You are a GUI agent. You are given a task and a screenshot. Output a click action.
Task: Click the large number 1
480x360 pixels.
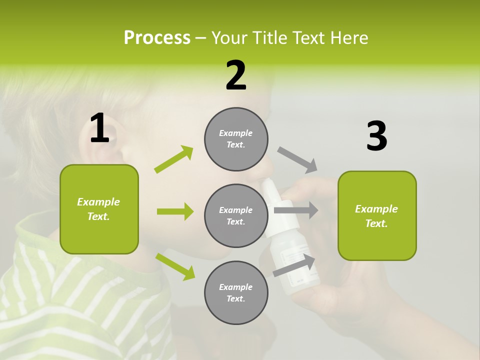(99, 128)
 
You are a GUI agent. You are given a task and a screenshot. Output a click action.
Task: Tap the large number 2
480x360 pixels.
(236, 75)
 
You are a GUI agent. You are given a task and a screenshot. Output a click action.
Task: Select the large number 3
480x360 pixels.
(376, 136)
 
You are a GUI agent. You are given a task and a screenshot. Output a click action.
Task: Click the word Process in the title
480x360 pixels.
(157, 37)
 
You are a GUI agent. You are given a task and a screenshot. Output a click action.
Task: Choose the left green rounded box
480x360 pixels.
(99, 209)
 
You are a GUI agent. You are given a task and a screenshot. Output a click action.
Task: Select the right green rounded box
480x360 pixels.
(377, 216)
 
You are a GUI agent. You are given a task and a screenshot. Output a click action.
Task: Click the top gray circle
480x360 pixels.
(236, 139)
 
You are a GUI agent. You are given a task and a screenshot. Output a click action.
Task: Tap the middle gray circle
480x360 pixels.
(236, 215)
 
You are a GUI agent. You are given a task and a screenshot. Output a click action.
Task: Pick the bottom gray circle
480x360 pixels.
(236, 292)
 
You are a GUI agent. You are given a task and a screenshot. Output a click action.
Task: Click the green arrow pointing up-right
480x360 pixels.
(174, 159)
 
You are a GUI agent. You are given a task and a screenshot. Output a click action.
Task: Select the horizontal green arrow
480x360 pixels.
(175, 211)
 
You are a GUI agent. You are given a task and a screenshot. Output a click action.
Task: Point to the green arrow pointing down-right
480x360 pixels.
(175, 266)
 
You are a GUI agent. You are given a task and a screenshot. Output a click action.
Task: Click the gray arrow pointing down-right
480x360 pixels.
(297, 159)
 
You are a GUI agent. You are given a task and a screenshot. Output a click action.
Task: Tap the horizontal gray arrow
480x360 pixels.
(296, 210)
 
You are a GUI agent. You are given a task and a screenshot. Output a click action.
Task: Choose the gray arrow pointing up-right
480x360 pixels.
(294, 265)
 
